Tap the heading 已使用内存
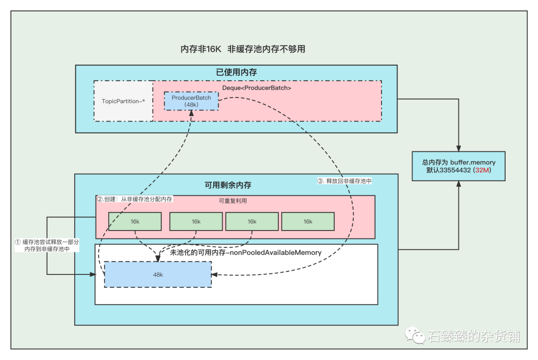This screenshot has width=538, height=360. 236,72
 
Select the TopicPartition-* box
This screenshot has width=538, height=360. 124,101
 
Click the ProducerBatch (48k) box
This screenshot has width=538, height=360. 191,101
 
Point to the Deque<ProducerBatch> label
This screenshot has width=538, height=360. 257,88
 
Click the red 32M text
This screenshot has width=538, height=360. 482,170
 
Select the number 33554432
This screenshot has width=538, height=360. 453,170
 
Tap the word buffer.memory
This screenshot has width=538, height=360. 472,162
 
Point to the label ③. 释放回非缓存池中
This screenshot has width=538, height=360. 344,181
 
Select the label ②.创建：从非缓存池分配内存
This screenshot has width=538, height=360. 134,199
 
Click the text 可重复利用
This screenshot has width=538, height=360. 233,201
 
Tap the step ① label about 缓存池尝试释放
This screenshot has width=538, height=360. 47,245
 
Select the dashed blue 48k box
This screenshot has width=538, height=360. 158,274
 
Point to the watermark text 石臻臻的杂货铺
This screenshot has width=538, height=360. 473,336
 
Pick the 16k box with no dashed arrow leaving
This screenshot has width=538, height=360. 307,222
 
